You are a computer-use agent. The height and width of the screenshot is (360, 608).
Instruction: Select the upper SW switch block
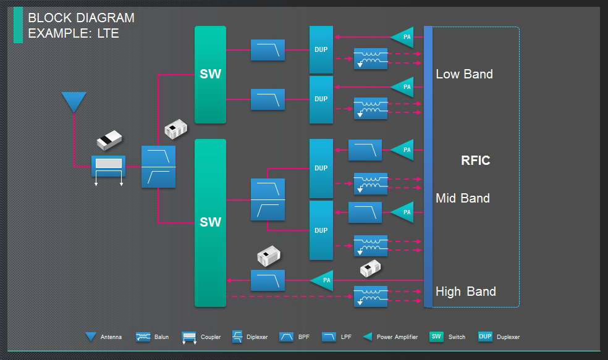(x=210, y=75)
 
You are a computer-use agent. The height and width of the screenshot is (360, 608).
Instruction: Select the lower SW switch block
(x=210, y=222)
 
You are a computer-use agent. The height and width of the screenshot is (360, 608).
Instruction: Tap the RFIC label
(x=475, y=161)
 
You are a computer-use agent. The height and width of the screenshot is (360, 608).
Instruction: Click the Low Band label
(x=464, y=74)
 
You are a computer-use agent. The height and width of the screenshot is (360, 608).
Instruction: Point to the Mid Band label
(x=462, y=198)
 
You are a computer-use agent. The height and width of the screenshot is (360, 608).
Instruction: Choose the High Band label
(x=465, y=291)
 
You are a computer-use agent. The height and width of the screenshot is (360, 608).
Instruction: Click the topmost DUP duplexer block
(x=321, y=49)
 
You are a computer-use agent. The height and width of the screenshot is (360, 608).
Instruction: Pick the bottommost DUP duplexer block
(x=321, y=230)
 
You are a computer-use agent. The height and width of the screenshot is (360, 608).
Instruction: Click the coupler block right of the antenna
(x=108, y=166)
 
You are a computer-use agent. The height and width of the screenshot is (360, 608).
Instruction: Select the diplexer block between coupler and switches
(x=158, y=167)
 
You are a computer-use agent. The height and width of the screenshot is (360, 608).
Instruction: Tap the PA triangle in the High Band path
(x=323, y=280)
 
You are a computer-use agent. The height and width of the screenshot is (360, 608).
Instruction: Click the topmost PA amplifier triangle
(x=403, y=37)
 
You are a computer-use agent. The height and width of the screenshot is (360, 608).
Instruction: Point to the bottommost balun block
(x=371, y=296)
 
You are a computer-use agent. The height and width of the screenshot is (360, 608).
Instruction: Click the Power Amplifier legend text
(x=397, y=337)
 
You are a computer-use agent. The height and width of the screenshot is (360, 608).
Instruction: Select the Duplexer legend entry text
(x=508, y=337)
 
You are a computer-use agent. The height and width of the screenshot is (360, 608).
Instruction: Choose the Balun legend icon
(x=143, y=337)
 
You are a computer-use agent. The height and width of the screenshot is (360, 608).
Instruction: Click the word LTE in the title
(x=108, y=33)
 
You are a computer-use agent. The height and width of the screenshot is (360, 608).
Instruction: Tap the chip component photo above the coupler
(x=109, y=140)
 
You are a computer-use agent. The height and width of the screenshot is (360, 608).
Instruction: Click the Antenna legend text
(x=111, y=337)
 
